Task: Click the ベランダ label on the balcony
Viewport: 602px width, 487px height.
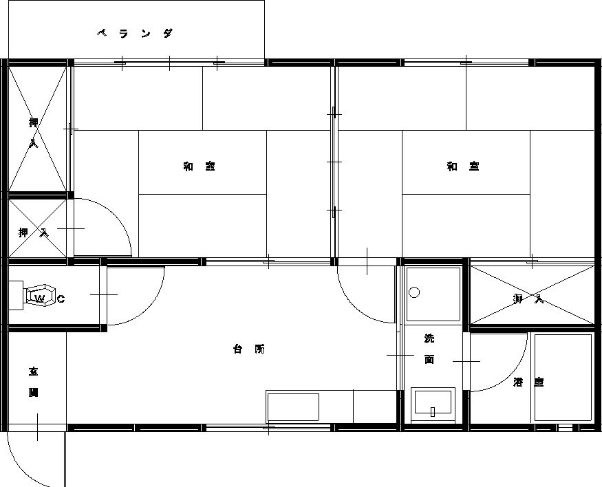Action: point(134,33)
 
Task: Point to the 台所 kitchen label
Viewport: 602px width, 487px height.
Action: point(248,349)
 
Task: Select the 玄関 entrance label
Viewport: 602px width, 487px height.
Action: point(33,382)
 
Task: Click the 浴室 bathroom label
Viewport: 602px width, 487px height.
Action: point(528,382)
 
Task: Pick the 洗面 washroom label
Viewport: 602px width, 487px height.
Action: point(429,349)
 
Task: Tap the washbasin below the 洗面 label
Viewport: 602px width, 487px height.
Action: point(433,404)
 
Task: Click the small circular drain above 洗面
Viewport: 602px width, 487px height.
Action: point(414,292)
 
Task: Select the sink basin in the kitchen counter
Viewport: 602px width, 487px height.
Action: point(293,407)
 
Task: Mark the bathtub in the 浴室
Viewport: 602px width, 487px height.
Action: point(563,378)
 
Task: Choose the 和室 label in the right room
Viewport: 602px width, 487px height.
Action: point(462,166)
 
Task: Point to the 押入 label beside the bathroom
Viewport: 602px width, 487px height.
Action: point(528,299)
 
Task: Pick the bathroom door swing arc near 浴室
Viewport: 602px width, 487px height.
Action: point(513,375)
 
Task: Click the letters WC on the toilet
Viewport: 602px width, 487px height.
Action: point(50,299)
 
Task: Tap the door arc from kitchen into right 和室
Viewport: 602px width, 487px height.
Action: point(358,306)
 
